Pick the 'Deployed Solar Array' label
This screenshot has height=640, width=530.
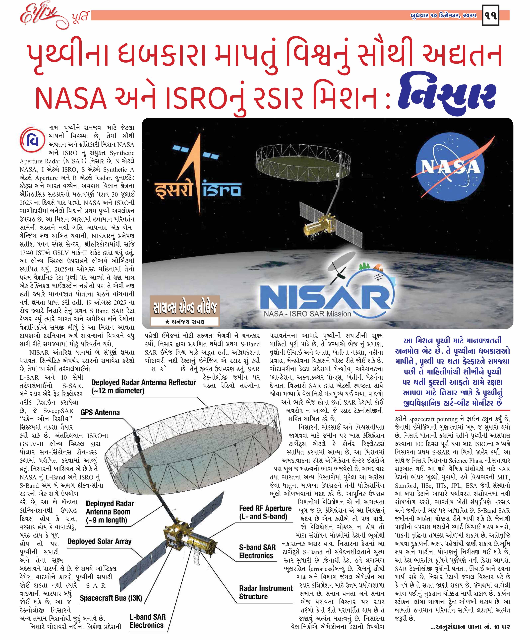tap(99, 541)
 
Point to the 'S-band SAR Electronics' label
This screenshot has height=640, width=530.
tap(257, 551)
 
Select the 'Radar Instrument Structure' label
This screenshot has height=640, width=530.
tap(265, 592)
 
